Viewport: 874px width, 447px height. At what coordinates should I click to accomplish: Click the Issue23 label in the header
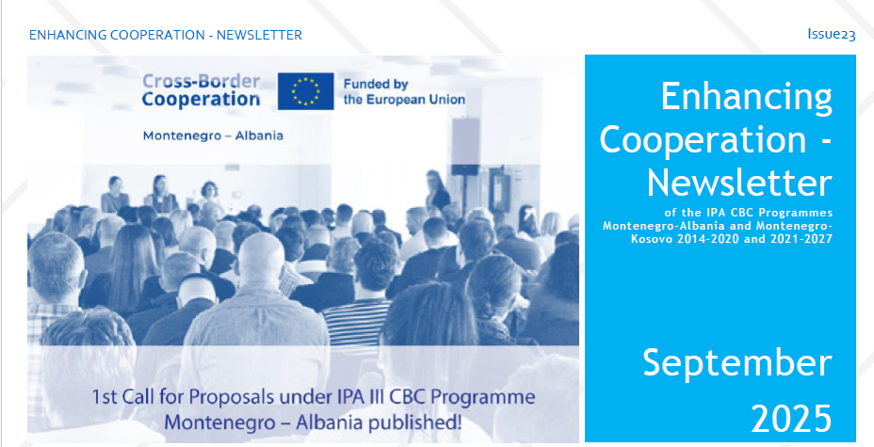pyautogui.click(x=831, y=35)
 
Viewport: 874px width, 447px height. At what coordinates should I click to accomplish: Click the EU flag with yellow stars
pyautogui.click(x=305, y=90)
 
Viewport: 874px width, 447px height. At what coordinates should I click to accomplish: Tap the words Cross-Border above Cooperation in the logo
pyautogui.click(x=201, y=81)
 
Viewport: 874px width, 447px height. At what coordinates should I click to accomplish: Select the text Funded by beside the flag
pyautogui.click(x=376, y=85)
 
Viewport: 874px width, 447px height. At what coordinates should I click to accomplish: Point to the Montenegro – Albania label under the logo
pyautogui.click(x=213, y=136)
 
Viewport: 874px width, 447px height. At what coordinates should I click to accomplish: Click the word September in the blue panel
pyautogui.click(x=736, y=363)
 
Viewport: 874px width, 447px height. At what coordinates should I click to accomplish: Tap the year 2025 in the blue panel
pyautogui.click(x=791, y=418)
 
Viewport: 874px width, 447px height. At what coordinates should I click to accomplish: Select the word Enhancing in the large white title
pyautogui.click(x=746, y=96)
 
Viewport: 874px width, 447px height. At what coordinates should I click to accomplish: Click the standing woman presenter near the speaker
pyautogui.click(x=437, y=191)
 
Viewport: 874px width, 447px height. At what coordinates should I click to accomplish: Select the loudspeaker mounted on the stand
pyautogui.click(x=465, y=146)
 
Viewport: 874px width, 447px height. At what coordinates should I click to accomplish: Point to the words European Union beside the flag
pyautogui.click(x=404, y=100)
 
